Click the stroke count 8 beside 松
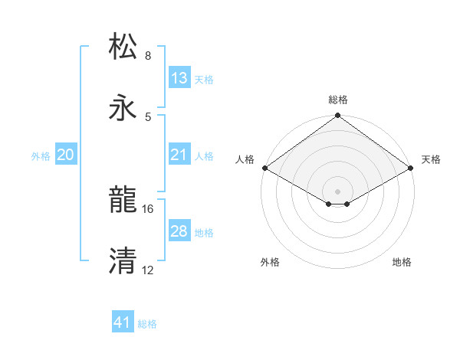[148, 56]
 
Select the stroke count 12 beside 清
[148, 270]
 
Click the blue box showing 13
[179, 78]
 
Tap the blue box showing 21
[179, 155]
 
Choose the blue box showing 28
[179, 231]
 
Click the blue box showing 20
[65, 155]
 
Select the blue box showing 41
[123, 322]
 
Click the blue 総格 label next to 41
[147, 324]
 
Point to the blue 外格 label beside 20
[41, 155]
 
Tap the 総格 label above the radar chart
[338, 100]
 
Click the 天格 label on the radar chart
[431, 159]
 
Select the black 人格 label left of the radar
[245, 159]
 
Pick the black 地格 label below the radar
[402, 262]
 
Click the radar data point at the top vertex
[338, 116]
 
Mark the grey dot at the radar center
[338, 191]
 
